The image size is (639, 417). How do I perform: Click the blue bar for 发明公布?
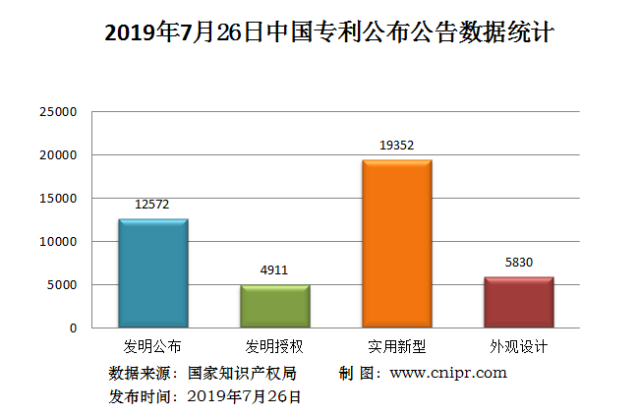click(152, 273)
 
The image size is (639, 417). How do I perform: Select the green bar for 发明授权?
click(274, 306)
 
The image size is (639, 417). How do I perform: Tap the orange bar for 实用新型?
click(396, 243)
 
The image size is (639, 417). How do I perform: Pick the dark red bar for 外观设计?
click(518, 302)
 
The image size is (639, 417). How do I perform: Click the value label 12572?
click(152, 205)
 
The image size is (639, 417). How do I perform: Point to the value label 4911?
click(274, 270)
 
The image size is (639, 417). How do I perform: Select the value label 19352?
click(396, 146)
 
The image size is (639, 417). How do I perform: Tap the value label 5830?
click(518, 263)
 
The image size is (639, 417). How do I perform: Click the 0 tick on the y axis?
click(73, 328)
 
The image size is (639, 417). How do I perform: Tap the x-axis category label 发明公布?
click(152, 347)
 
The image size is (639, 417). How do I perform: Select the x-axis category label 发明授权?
click(274, 347)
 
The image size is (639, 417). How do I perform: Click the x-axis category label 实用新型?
click(396, 347)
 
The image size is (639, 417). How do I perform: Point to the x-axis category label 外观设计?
click(518, 347)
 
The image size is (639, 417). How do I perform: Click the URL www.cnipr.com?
click(448, 373)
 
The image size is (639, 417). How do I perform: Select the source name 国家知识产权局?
click(241, 373)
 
